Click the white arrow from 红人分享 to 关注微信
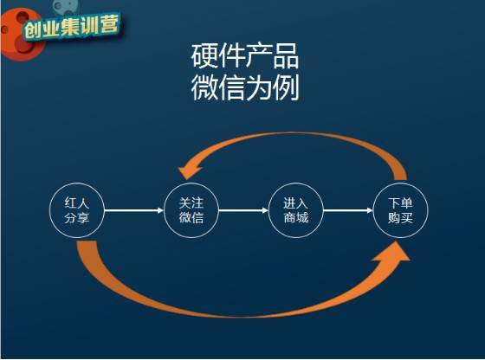134,211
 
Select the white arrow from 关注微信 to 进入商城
243,211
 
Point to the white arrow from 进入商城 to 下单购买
348,211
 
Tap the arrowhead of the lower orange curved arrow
394,251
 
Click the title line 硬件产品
244,56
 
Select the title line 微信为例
244,87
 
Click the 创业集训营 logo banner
71,27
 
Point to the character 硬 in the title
204,56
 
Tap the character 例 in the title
286,87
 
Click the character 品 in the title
286,56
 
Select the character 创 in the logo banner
32,30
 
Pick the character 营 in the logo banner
109,23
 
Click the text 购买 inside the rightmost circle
400,218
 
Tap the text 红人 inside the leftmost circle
77,203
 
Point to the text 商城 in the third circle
296,218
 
